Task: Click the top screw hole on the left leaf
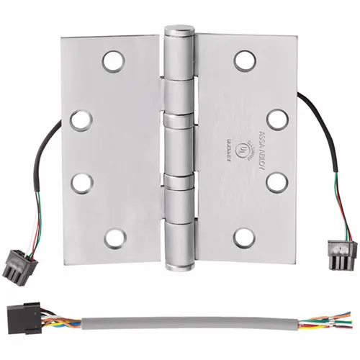coord(112,61)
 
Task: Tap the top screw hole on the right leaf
coord(245,60)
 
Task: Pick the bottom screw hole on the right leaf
coord(245,236)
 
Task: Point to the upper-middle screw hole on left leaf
coord(81,120)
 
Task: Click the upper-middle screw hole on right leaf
coord(276,119)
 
